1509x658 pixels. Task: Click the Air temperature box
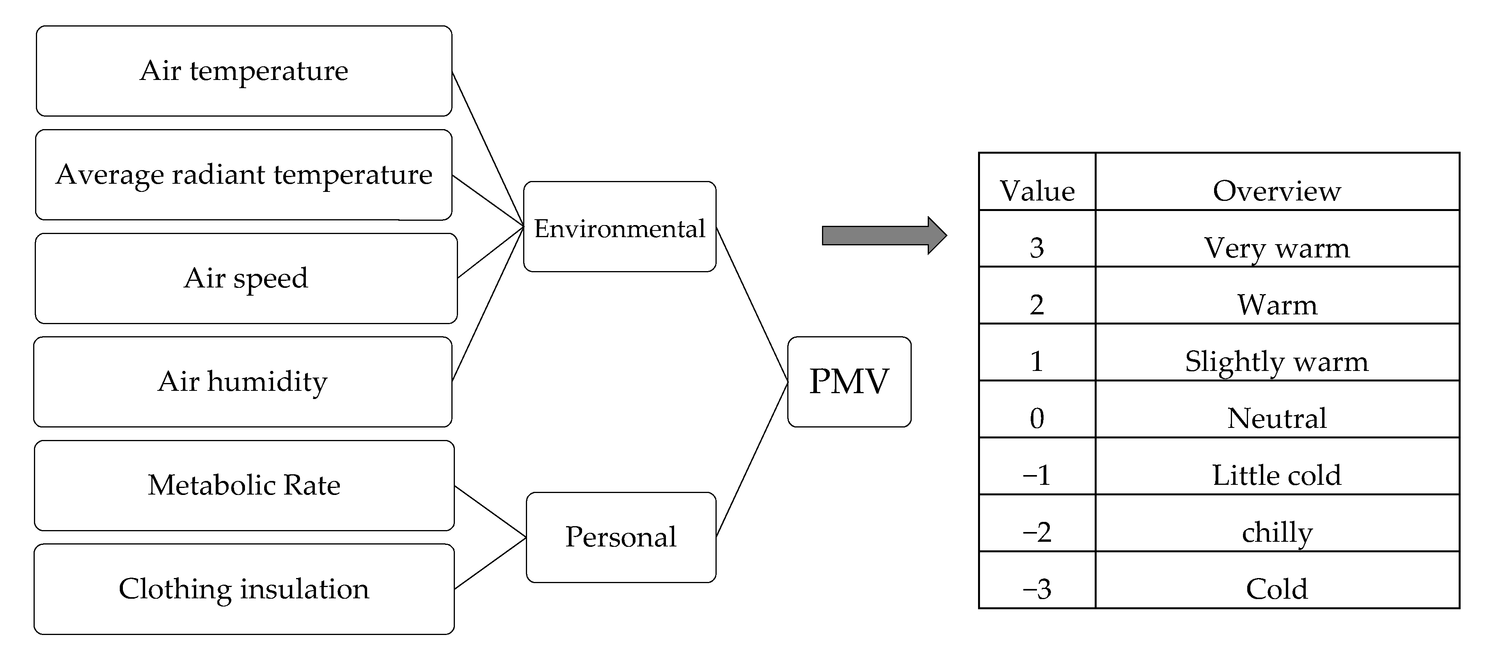coord(244,71)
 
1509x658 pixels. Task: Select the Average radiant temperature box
coord(244,174)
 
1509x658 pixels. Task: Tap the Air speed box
coord(246,278)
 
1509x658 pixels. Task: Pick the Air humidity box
coord(243,382)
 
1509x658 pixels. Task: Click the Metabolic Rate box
coord(244,485)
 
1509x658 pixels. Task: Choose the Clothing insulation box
coord(244,589)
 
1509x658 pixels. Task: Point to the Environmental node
coord(619,227)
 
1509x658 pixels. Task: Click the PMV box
coord(849,382)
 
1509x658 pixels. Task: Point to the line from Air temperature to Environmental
coord(487,149)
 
